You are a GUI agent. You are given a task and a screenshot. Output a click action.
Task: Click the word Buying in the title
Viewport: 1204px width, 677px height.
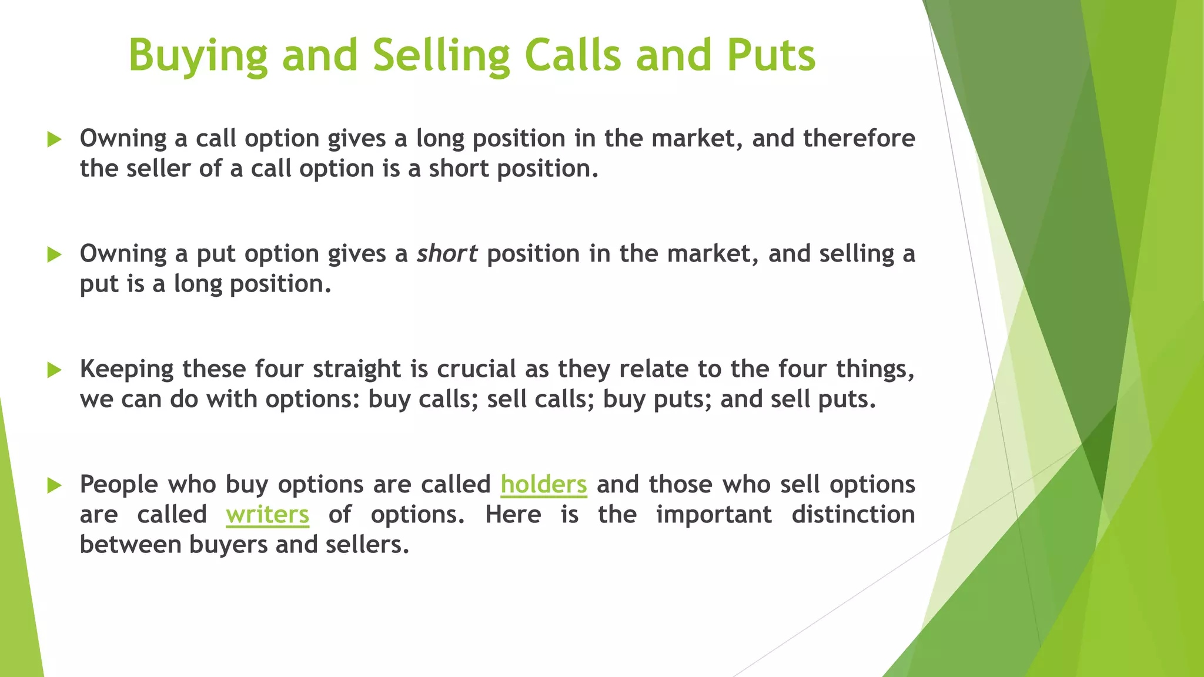(198, 56)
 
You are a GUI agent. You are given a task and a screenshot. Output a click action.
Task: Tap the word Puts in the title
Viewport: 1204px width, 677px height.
(771, 56)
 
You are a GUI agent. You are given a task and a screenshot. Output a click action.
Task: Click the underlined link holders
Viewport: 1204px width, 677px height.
(543, 485)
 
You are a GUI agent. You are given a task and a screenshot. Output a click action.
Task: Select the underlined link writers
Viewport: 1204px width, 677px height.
(267, 515)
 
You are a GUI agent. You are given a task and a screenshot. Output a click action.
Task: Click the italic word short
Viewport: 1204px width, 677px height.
(447, 254)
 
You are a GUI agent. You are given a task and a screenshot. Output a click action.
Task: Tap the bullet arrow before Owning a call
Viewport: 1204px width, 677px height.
(54, 140)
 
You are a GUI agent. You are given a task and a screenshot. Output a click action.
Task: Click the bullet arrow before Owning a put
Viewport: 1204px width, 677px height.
(54, 255)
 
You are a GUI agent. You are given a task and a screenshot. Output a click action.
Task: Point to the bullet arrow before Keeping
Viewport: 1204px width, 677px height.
(54, 370)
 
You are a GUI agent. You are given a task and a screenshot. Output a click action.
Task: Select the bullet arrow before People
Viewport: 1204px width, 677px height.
(54, 485)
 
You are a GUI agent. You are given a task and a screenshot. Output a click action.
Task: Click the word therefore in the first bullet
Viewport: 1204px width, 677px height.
(859, 139)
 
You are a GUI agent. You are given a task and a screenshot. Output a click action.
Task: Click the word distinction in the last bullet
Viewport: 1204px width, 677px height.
(853, 515)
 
